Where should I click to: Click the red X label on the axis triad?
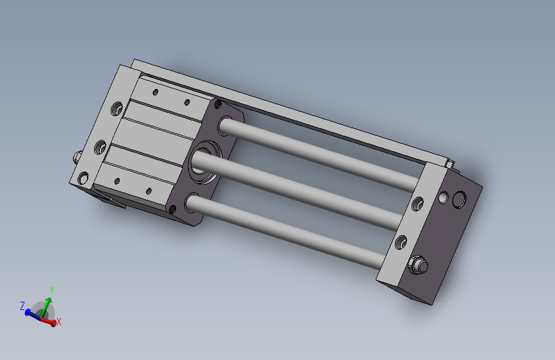[x=59, y=322]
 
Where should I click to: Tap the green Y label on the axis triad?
[x=52, y=290]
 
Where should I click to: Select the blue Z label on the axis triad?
[x=22, y=306]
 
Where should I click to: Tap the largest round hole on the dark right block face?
[x=460, y=199]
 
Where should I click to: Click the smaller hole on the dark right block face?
[x=443, y=197]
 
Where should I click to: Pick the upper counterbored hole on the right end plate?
[x=417, y=204]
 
